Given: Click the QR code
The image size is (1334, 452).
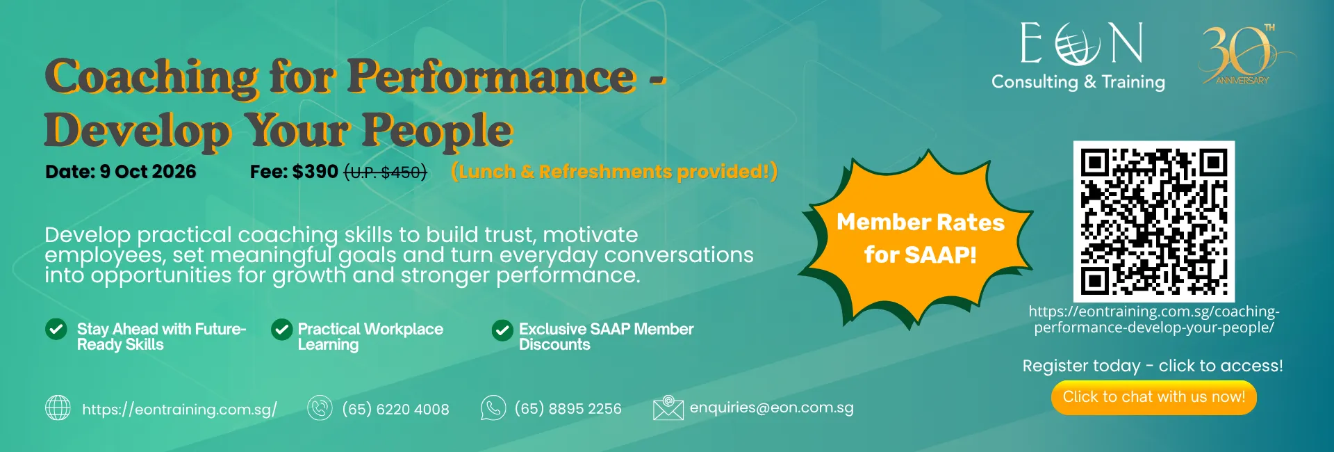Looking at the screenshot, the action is [1153, 221].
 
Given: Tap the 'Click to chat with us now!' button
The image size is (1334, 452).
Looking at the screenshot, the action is [1153, 398].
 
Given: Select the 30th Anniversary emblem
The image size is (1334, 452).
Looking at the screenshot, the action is [1246, 54].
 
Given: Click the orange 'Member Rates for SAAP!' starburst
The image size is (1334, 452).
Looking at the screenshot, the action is [915, 239].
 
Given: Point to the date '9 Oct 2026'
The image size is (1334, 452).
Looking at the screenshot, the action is [148, 172].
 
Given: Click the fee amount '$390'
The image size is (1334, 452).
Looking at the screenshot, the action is [315, 172].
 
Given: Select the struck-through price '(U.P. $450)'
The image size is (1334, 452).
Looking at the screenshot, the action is [386, 172].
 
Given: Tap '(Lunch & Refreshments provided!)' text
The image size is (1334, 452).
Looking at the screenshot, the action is [614, 172].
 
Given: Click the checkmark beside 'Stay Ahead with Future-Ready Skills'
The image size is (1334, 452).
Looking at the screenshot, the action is [56, 330].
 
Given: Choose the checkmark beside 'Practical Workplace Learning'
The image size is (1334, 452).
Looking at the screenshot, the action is [281, 330].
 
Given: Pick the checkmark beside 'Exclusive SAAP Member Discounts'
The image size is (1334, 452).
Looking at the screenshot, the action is [502, 330].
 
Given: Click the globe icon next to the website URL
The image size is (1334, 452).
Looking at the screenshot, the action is [58, 408].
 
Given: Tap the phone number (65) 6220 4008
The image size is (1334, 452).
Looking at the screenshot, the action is [395, 410].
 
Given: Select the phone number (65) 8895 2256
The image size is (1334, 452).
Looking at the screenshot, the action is [568, 409].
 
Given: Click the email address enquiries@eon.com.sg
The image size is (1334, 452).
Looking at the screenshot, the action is [771, 408].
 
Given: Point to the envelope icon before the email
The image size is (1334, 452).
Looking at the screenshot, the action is [668, 408].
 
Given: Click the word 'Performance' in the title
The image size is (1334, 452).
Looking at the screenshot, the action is [491, 76].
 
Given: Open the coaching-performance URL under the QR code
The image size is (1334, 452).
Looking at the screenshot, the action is [1154, 320].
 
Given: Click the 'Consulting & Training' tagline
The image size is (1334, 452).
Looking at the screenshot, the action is [1078, 82].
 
